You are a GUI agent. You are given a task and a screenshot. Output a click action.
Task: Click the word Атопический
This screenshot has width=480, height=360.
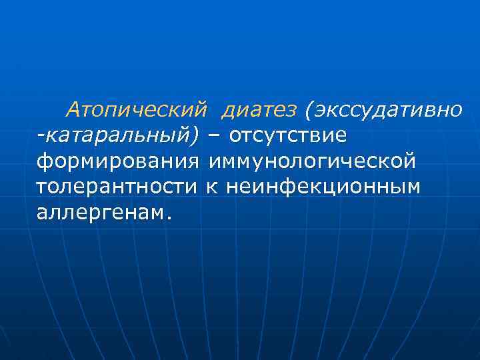[x=137, y=109]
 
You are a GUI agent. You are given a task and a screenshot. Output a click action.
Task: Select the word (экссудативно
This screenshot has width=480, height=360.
[x=382, y=109]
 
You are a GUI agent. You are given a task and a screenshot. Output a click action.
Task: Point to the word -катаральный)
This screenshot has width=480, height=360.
[x=118, y=135]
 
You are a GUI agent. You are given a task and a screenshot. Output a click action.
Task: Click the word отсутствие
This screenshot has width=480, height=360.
[x=288, y=135]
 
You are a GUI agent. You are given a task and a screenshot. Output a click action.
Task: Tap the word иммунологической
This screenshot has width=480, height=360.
[x=312, y=161]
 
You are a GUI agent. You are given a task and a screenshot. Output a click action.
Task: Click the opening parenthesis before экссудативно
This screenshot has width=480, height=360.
[x=308, y=109]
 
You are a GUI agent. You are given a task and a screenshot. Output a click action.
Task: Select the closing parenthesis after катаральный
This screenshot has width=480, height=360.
[x=195, y=135]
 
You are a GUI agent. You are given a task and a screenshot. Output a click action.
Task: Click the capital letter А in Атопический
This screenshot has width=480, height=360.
[x=73, y=109]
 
